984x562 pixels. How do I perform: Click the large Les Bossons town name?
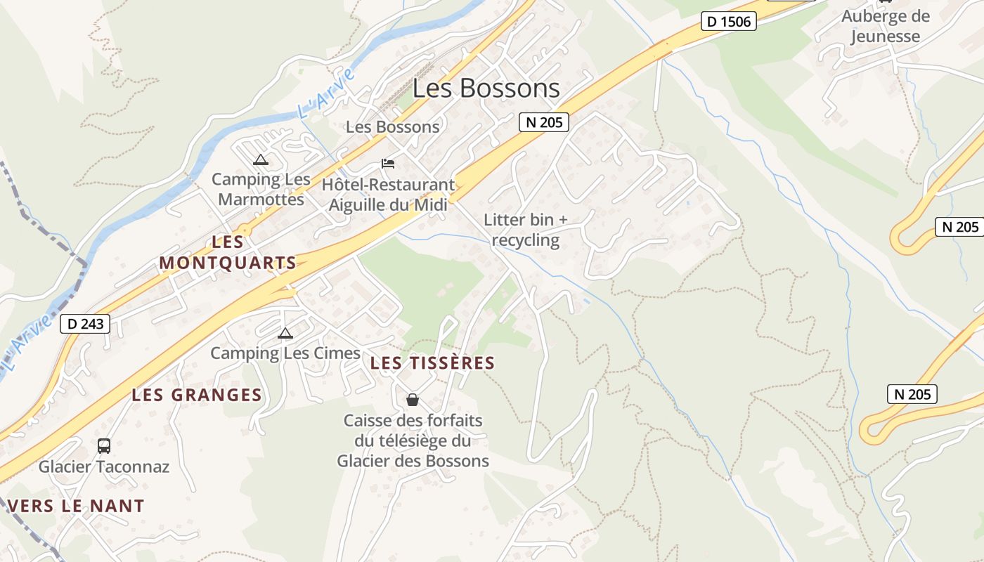486,89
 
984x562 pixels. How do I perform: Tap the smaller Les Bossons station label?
393,127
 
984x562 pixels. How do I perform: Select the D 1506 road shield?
730,22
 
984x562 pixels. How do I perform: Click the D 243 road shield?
86,324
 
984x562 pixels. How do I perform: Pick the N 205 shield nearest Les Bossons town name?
544,122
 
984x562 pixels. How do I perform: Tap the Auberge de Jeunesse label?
885,26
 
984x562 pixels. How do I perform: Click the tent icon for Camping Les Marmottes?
261,159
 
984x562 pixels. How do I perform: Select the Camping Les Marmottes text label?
261,189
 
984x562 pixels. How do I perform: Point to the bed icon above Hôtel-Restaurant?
388,164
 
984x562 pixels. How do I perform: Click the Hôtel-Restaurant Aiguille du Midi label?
391,195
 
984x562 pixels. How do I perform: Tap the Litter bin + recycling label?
526,230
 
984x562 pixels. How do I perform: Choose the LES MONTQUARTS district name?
228,253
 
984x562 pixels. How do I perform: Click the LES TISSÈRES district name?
432,363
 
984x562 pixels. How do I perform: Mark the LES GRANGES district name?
197,395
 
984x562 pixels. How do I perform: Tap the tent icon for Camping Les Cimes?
285,333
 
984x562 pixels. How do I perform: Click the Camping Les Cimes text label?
285,353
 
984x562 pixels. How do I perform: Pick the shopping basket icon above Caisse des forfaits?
413,400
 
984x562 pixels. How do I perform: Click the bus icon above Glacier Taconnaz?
103,445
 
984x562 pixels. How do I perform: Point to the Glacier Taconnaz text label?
104,466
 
